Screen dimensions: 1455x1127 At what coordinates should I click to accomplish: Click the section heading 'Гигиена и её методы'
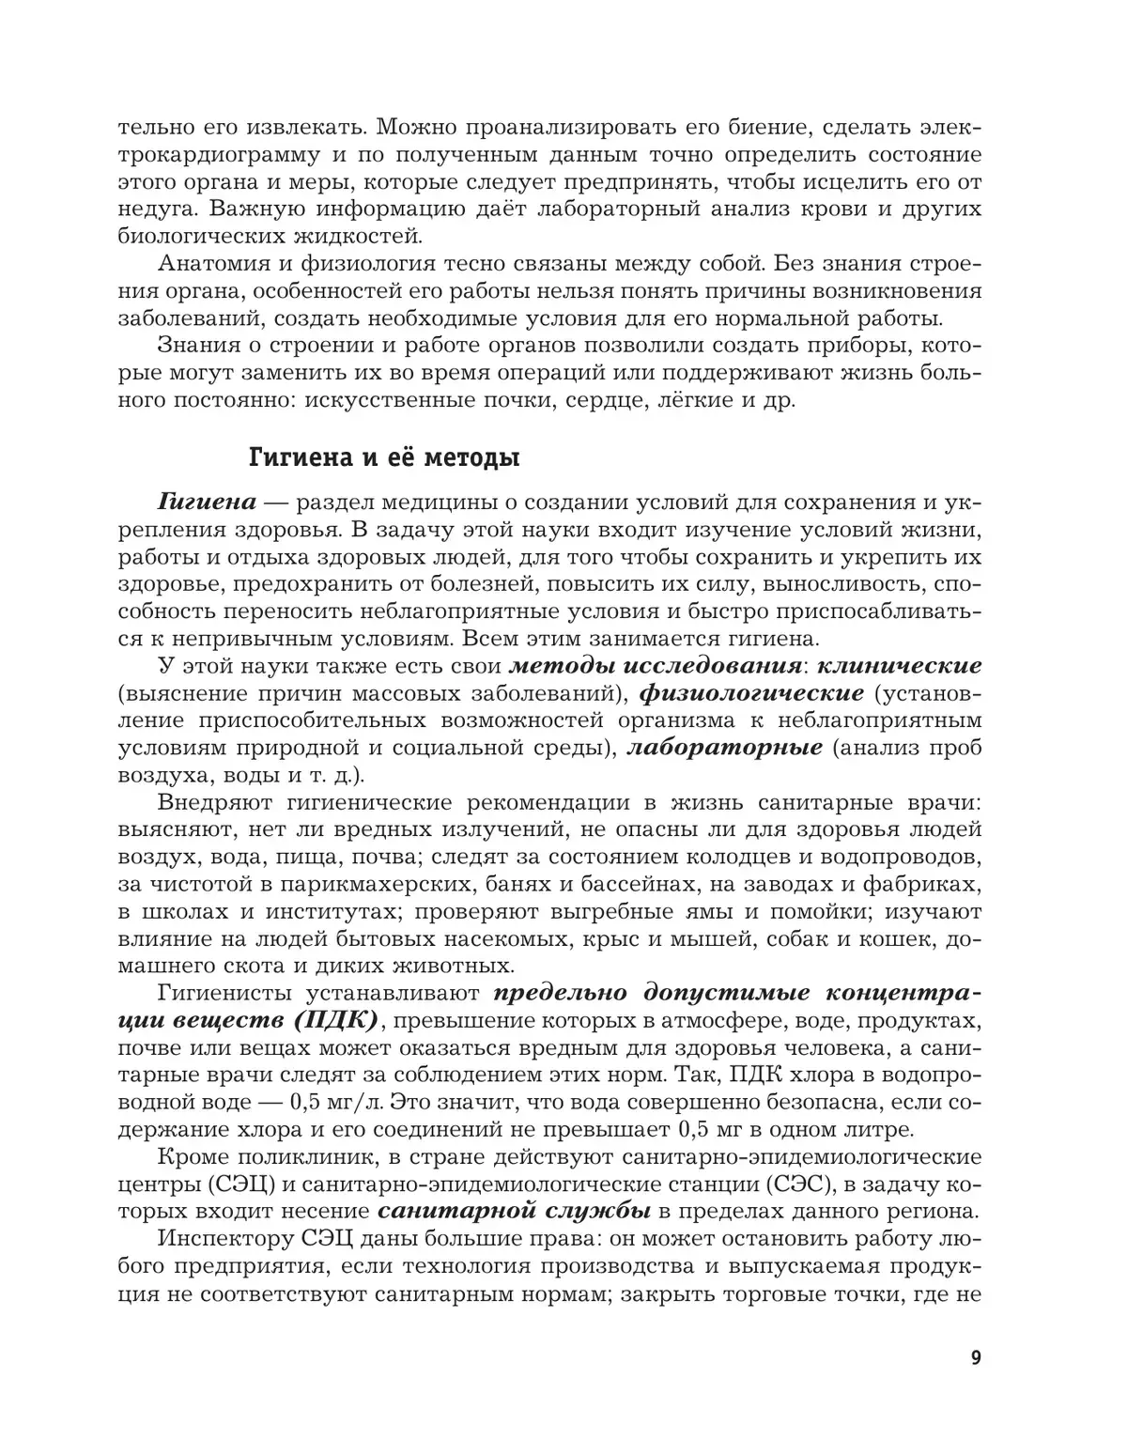pyautogui.click(x=383, y=459)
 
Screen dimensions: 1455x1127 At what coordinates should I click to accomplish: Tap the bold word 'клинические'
pyautogui.click(x=900, y=666)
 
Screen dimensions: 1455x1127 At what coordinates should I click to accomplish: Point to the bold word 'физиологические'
pyautogui.click(x=751, y=693)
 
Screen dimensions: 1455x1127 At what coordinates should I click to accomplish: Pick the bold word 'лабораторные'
pyautogui.click(x=724, y=748)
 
